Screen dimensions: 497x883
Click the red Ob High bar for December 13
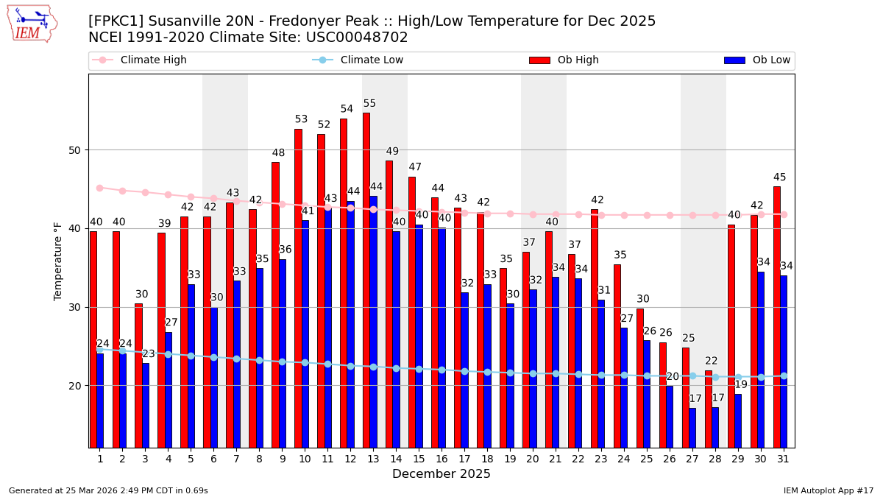[x=366, y=280]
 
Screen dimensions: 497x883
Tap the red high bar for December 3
[x=138, y=376]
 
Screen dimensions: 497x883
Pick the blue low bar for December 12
[x=351, y=324]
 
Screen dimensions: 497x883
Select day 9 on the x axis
[x=283, y=459]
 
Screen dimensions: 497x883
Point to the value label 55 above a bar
[x=369, y=104]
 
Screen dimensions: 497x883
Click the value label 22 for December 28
[x=712, y=361]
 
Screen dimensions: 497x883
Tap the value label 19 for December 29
[x=741, y=384]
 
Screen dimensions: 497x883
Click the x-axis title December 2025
[x=441, y=474]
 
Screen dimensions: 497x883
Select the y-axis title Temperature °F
[x=58, y=261]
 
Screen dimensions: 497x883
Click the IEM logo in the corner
[x=32, y=24]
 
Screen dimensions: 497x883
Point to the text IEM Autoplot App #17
[x=828, y=490]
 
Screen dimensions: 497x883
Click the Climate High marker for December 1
[x=99, y=188]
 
